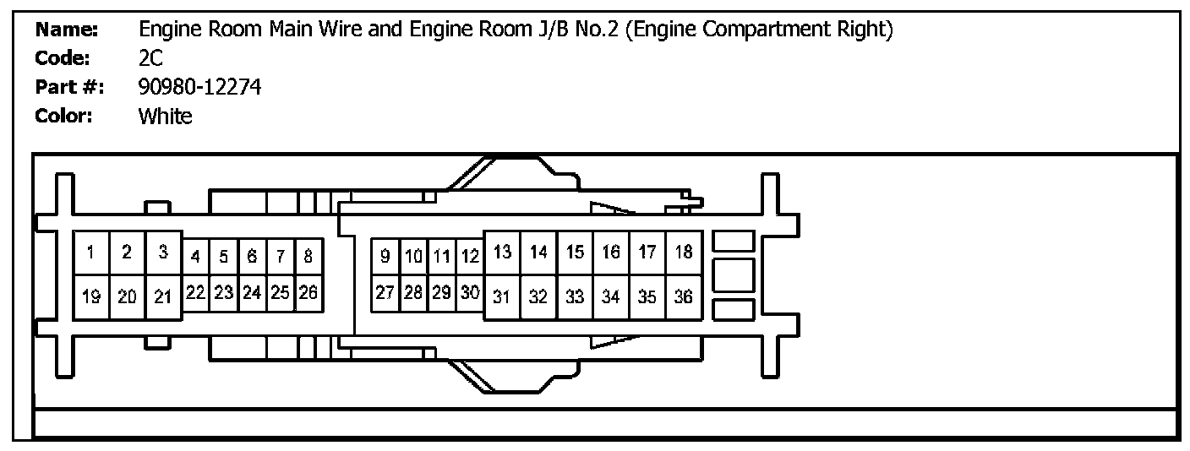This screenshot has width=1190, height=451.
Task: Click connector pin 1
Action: point(91,253)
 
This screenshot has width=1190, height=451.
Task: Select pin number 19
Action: point(91,296)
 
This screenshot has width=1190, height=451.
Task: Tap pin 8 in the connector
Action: point(308,256)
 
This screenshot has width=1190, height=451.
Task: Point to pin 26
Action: point(308,292)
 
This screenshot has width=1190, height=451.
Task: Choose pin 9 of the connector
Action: point(385,256)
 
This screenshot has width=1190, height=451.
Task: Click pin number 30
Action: point(471,292)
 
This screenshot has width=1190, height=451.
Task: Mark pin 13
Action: point(502,253)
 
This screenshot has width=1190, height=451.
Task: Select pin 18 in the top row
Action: point(684,253)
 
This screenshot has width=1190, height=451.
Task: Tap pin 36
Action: point(684,296)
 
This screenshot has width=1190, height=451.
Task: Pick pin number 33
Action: point(575,296)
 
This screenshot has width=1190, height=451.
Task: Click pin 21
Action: point(163,296)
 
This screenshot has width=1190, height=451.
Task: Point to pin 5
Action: point(224,256)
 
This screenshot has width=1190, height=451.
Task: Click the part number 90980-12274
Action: point(200,87)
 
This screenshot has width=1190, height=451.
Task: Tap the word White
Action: point(165,117)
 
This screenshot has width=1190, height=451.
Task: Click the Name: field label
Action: point(67,30)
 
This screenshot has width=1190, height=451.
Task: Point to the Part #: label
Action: point(68,87)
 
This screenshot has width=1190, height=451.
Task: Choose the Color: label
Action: point(63,117)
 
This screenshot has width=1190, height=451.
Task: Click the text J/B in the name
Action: point(546,30)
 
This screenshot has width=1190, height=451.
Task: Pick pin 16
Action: point(611,253)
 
